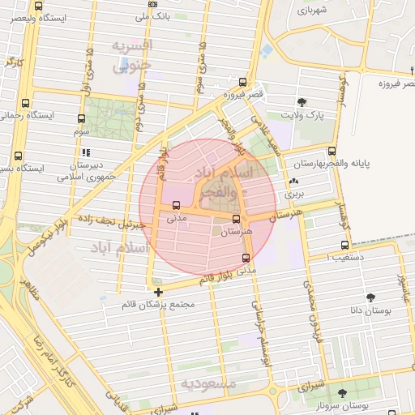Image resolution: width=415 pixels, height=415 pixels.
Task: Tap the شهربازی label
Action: (x=310, y=11)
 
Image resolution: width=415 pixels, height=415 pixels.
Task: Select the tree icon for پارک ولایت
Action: (x=302, y=102)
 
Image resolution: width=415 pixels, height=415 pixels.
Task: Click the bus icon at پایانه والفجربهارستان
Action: (x=332, y=151)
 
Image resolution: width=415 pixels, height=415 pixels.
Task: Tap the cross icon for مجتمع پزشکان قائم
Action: (x=157, y=292)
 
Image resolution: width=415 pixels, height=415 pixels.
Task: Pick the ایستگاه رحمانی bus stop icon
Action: (x=25, y=103)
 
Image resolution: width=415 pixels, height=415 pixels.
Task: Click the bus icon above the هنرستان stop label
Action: (x=237, y=219)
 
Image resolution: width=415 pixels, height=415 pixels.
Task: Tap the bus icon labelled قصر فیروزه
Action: (x=242, y=82)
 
